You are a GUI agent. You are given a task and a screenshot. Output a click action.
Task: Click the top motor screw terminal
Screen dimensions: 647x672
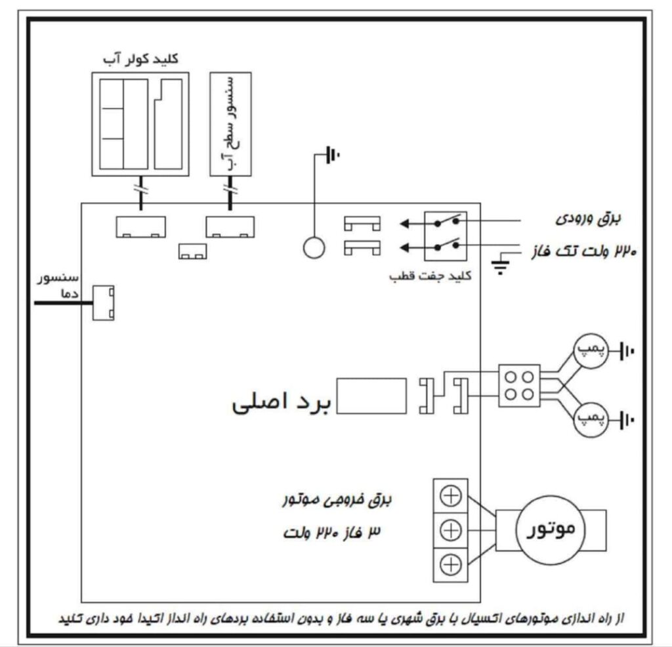451,496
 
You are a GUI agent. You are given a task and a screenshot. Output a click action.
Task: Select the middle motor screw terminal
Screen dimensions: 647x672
451,529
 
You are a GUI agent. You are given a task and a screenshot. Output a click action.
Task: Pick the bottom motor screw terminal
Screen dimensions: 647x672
451,562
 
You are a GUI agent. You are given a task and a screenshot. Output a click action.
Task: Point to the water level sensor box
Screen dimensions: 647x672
230,123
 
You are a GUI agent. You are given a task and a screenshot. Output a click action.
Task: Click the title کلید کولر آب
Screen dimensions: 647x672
142,58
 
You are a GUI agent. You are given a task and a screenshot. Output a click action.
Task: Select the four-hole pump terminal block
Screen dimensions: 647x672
519,385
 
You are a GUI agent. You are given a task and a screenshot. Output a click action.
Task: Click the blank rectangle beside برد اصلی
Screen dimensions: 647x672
372,396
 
